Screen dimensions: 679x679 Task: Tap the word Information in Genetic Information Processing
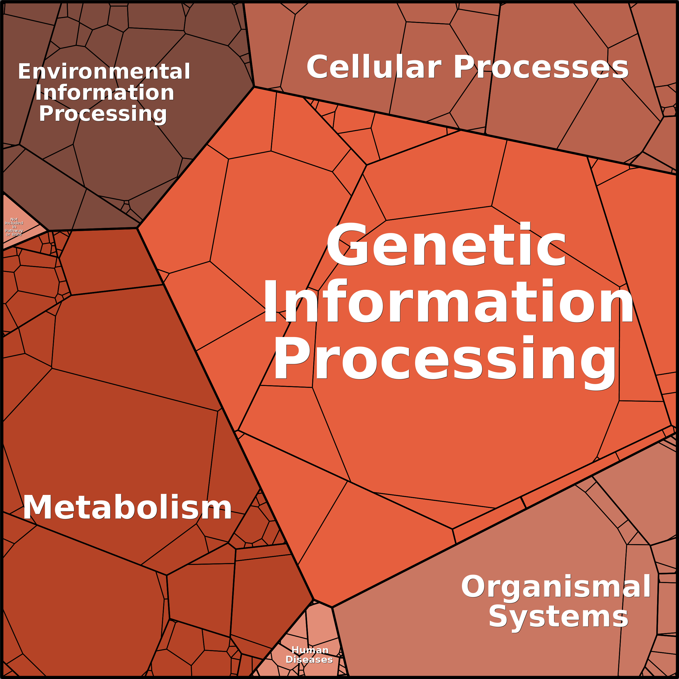448,302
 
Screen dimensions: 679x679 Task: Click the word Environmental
104,72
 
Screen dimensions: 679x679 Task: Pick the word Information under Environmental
105,93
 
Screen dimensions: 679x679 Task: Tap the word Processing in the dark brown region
103,114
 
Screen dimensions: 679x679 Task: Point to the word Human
310,650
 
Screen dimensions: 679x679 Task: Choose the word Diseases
309,659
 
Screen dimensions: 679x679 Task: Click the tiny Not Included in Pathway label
14,227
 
